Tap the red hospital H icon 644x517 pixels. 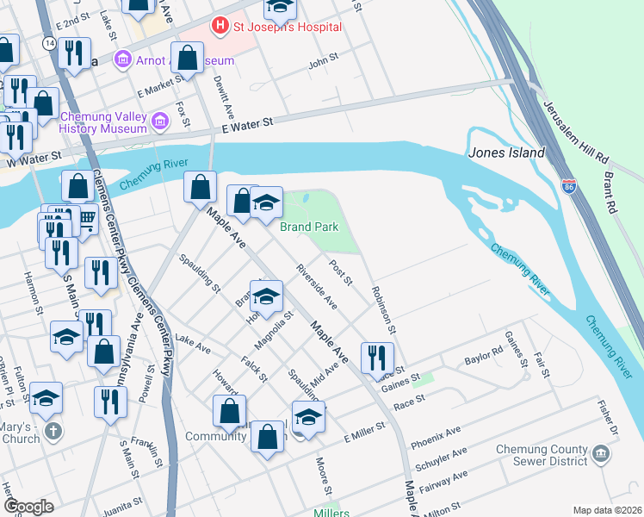220,26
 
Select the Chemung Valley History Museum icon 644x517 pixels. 159,123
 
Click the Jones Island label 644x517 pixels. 507,153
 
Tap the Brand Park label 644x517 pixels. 309,227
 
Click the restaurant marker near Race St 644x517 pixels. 377,358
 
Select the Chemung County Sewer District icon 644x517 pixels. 600,454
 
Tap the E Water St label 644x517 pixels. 246,125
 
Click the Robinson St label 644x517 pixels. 384,310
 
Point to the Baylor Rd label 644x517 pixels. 483,356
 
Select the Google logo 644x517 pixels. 28,507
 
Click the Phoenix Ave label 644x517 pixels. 436,434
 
